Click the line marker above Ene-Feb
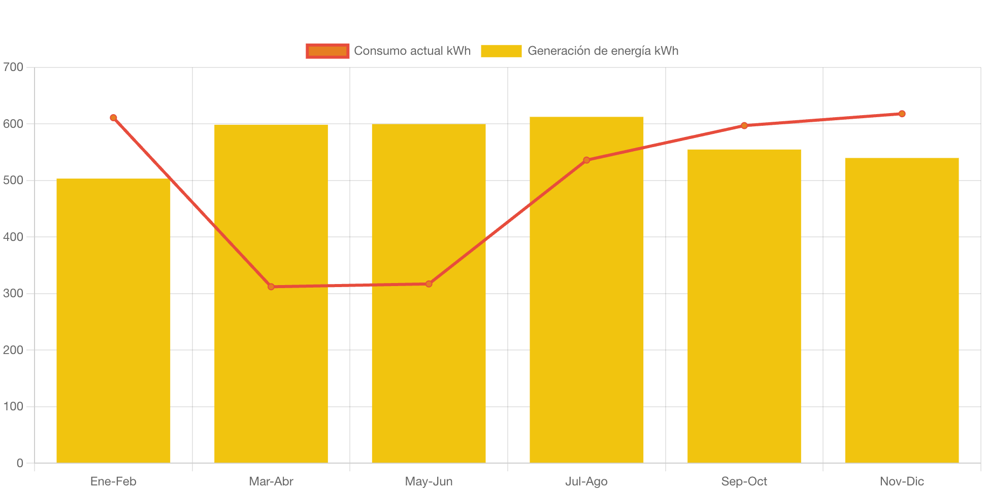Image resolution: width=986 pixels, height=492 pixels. point(113,118)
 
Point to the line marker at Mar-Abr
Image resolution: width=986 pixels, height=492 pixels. point(271,287)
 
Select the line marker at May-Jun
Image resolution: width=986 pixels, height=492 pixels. point(429,284)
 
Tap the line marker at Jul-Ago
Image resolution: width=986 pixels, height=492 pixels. point(586,160)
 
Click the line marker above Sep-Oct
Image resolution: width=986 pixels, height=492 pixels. point(744,126)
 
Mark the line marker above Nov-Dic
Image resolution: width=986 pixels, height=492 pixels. point(902,114)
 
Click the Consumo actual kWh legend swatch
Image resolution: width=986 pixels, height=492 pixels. point(327,51)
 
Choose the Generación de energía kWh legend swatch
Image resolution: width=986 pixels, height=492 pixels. point(501,51)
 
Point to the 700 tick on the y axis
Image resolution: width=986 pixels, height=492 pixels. point(13,67)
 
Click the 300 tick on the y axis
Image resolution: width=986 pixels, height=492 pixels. point(13,293)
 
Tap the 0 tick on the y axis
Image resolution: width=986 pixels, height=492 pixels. point(20,463)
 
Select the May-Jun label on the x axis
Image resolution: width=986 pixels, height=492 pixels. point(429,481)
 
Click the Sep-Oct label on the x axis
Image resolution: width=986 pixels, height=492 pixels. point(744,481)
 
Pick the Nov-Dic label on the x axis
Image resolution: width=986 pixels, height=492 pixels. point(902,481)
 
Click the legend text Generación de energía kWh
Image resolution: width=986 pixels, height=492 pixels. point(603,51)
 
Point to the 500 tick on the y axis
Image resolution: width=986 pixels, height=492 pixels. point(13,180)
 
